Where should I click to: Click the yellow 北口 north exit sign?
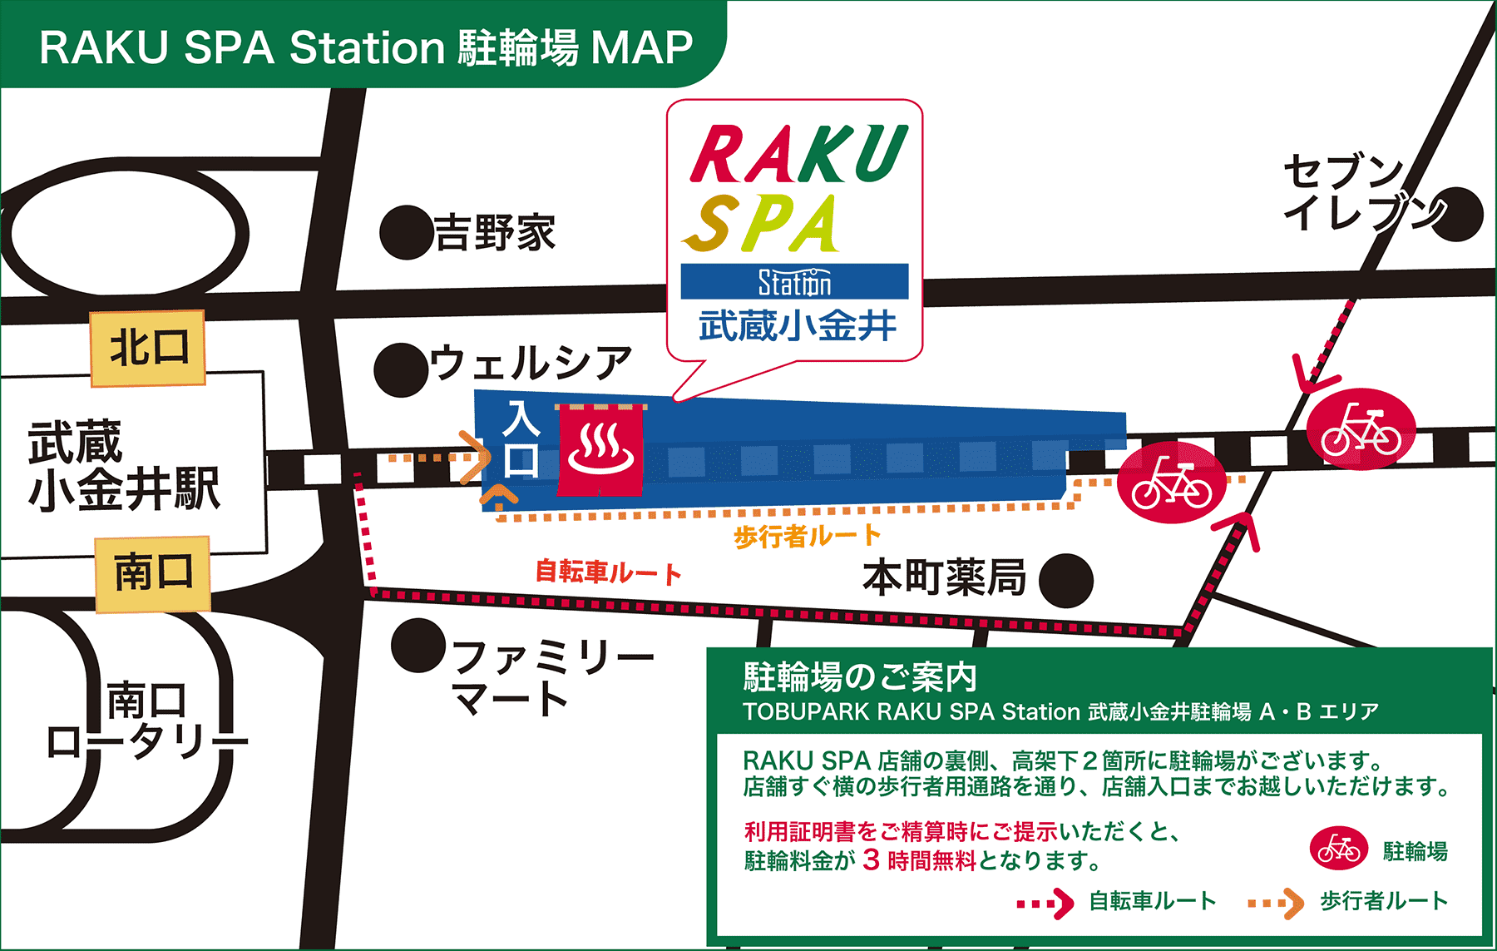tap(148, 348)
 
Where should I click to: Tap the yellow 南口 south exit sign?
tap(153, 574)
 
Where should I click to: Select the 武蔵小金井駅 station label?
tap(124, 465)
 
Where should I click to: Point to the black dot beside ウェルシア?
tap(402, 370)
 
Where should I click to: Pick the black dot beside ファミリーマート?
tap(418, 645)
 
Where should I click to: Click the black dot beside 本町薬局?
tap(1065, 580)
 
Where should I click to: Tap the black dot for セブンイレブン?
tap(1456, 215)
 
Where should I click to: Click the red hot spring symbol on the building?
tap(600, 449)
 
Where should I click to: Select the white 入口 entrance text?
tap(521, 438)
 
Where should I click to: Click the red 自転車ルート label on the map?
tap(608, 572)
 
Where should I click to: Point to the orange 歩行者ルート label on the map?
tap(806, 537)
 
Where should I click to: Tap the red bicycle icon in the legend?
tap(1338, 849)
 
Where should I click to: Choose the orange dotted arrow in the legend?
tap(1276, 903)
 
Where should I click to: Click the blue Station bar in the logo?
tap(794, 282)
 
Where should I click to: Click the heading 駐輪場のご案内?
tap(860, 677)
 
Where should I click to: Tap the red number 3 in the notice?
tap(871, 859)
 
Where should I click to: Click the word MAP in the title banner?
tap(641, 47)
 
